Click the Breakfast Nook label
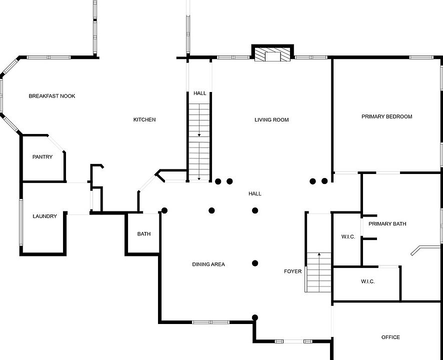coord(52,96)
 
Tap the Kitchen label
coord(144,119)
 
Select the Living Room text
coord(271,119)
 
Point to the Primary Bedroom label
coord(387,116)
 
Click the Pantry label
coord(42,157)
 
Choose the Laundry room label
coord(45,216)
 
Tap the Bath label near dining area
coord(144,234)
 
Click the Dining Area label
coord(208,264)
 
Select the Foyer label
coord(293,271)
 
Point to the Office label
coord(390,337)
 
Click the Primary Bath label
coord(387,223)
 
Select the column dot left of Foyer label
coord(255,263)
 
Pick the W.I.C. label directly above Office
coord(368,281)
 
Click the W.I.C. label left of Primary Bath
coord(348,236)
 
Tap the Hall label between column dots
coord(255,193)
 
